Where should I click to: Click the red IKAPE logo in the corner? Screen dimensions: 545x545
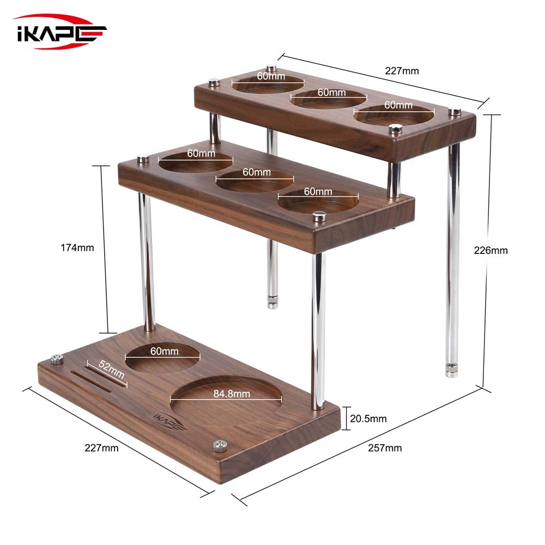tap(60, 32)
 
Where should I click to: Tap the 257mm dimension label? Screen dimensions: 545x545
tap(385, 448)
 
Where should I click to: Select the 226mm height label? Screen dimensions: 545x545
tap(491, 251)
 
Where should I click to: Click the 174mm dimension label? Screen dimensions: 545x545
tap(77, 247)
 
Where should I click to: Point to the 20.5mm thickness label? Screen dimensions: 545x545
tap(368, 419)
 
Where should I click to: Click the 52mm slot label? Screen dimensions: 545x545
tap(111, 370)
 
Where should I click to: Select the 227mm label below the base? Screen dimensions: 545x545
tap(101, 448)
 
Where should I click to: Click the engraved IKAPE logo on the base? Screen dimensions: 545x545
tap(169, 423)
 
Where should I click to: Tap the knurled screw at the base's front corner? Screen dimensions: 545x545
tap(220, 446)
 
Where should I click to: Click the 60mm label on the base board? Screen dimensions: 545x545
tap(164, 352)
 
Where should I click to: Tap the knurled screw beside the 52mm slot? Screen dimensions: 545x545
tap(57, 359)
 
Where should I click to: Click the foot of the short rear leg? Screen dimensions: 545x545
tap(272, 302)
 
